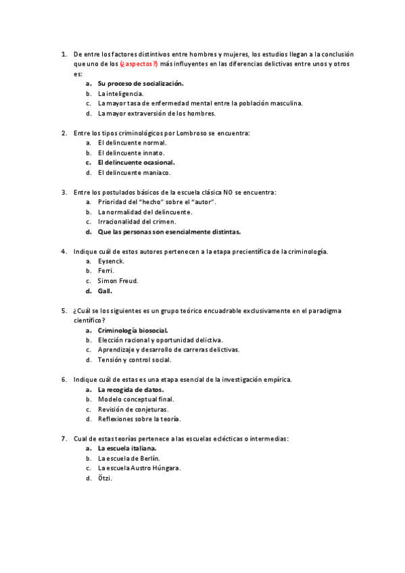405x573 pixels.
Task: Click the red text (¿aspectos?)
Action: click(x=139, y=64)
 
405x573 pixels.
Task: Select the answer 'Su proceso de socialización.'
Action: click(x=140, y=83)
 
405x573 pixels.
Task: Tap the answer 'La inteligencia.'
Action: click(x=120, y=93)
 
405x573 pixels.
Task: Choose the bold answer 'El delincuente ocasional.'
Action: click(x=136, y=162)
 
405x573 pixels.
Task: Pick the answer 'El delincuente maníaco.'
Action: click(x=134, y=172)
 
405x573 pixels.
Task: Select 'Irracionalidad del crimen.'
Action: click(x=137, y=221)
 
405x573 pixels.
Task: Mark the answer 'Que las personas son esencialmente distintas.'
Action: click(x=169, y=231)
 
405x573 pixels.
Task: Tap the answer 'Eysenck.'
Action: click(x=111, y=261)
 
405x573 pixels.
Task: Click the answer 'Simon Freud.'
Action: click(x=118, y=280)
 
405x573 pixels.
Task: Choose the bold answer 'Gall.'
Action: click(x=105, y=291)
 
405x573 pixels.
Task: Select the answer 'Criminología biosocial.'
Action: click(x=133, y=330)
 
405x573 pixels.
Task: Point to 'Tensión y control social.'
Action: click(x=134, y=359)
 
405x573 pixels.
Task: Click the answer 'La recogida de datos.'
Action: click(x=130, y=389)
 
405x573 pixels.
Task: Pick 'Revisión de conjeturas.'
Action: click(x=133, y=409)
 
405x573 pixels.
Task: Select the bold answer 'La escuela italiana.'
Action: click(x=127, y=448)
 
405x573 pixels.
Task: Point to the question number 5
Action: click(x=64, y=310)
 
